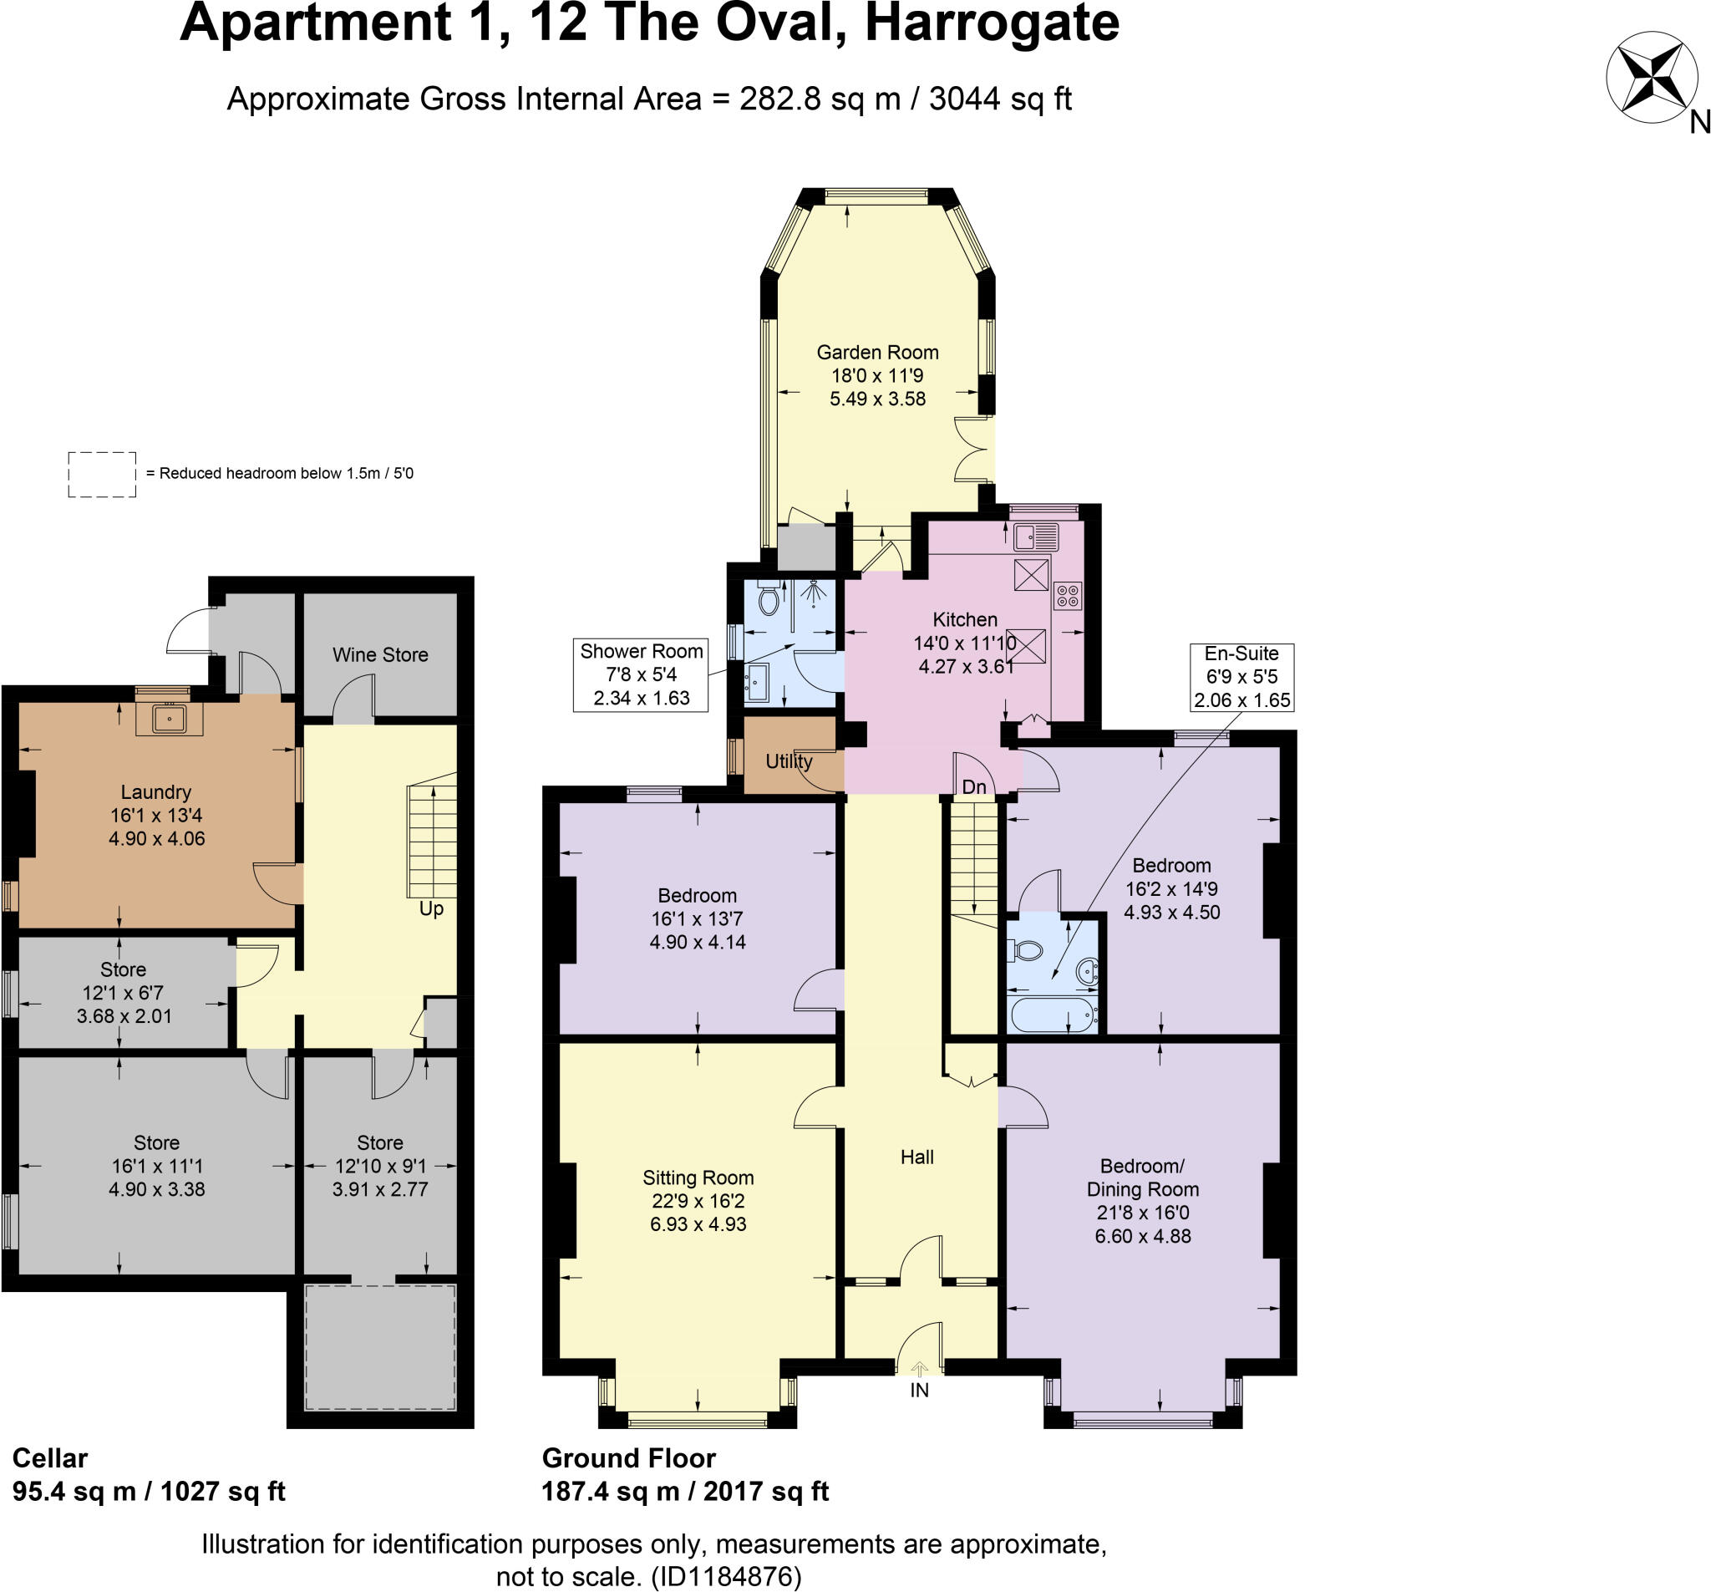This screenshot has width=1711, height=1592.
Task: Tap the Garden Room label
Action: (877, 352)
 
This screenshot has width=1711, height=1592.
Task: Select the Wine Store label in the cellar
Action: (380, 654)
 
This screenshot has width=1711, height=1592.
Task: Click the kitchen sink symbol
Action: (1035, 537)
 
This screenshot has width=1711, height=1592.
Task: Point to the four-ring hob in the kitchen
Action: (1067, 595)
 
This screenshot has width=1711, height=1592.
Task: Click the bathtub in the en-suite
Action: (1054, 1015)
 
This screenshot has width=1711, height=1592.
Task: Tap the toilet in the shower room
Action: (769, 599)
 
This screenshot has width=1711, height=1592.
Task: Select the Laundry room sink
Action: (170, 718)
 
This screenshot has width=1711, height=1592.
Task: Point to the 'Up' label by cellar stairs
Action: (431, 908)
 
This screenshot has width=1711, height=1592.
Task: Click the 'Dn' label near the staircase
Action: (973, 787)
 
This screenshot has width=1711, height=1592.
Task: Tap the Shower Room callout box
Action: (641, 675)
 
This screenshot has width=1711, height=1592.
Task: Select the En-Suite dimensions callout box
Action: (1241, 677)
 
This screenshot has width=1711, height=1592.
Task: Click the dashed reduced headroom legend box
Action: (102, 475)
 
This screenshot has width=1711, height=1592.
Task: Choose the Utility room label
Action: (789, 761)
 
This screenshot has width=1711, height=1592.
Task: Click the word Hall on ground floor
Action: (916, 1157)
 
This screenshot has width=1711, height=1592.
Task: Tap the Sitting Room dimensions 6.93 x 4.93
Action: (698, 1224)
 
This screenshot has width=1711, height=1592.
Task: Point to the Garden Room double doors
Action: (974, 450)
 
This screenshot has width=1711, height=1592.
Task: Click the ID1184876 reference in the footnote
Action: (726, 1577)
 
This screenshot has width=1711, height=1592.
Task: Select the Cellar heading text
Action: (50, 1458)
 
